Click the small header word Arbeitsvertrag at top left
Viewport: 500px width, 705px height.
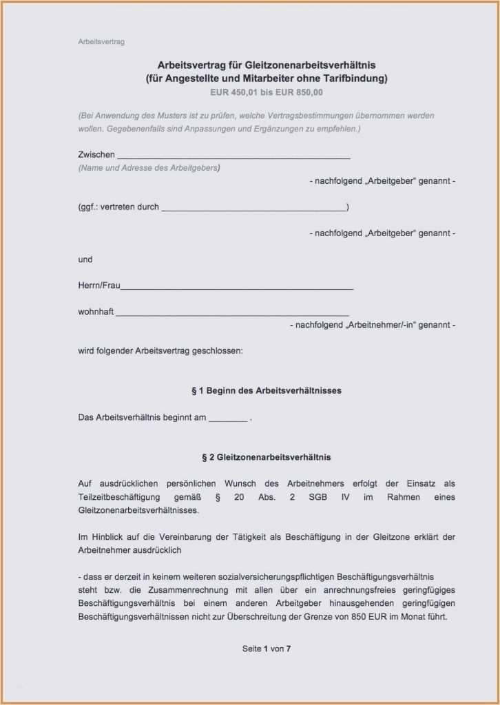(101, 42)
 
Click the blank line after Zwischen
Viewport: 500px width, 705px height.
(234, 156)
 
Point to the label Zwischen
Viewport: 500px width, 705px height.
(96, 155)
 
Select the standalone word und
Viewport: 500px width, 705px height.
(85, 260)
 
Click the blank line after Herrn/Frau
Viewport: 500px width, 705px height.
(237, 286)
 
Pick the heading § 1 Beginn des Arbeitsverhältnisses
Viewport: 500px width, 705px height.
(267, 390)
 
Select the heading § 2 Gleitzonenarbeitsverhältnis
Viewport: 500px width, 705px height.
(267, 456)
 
